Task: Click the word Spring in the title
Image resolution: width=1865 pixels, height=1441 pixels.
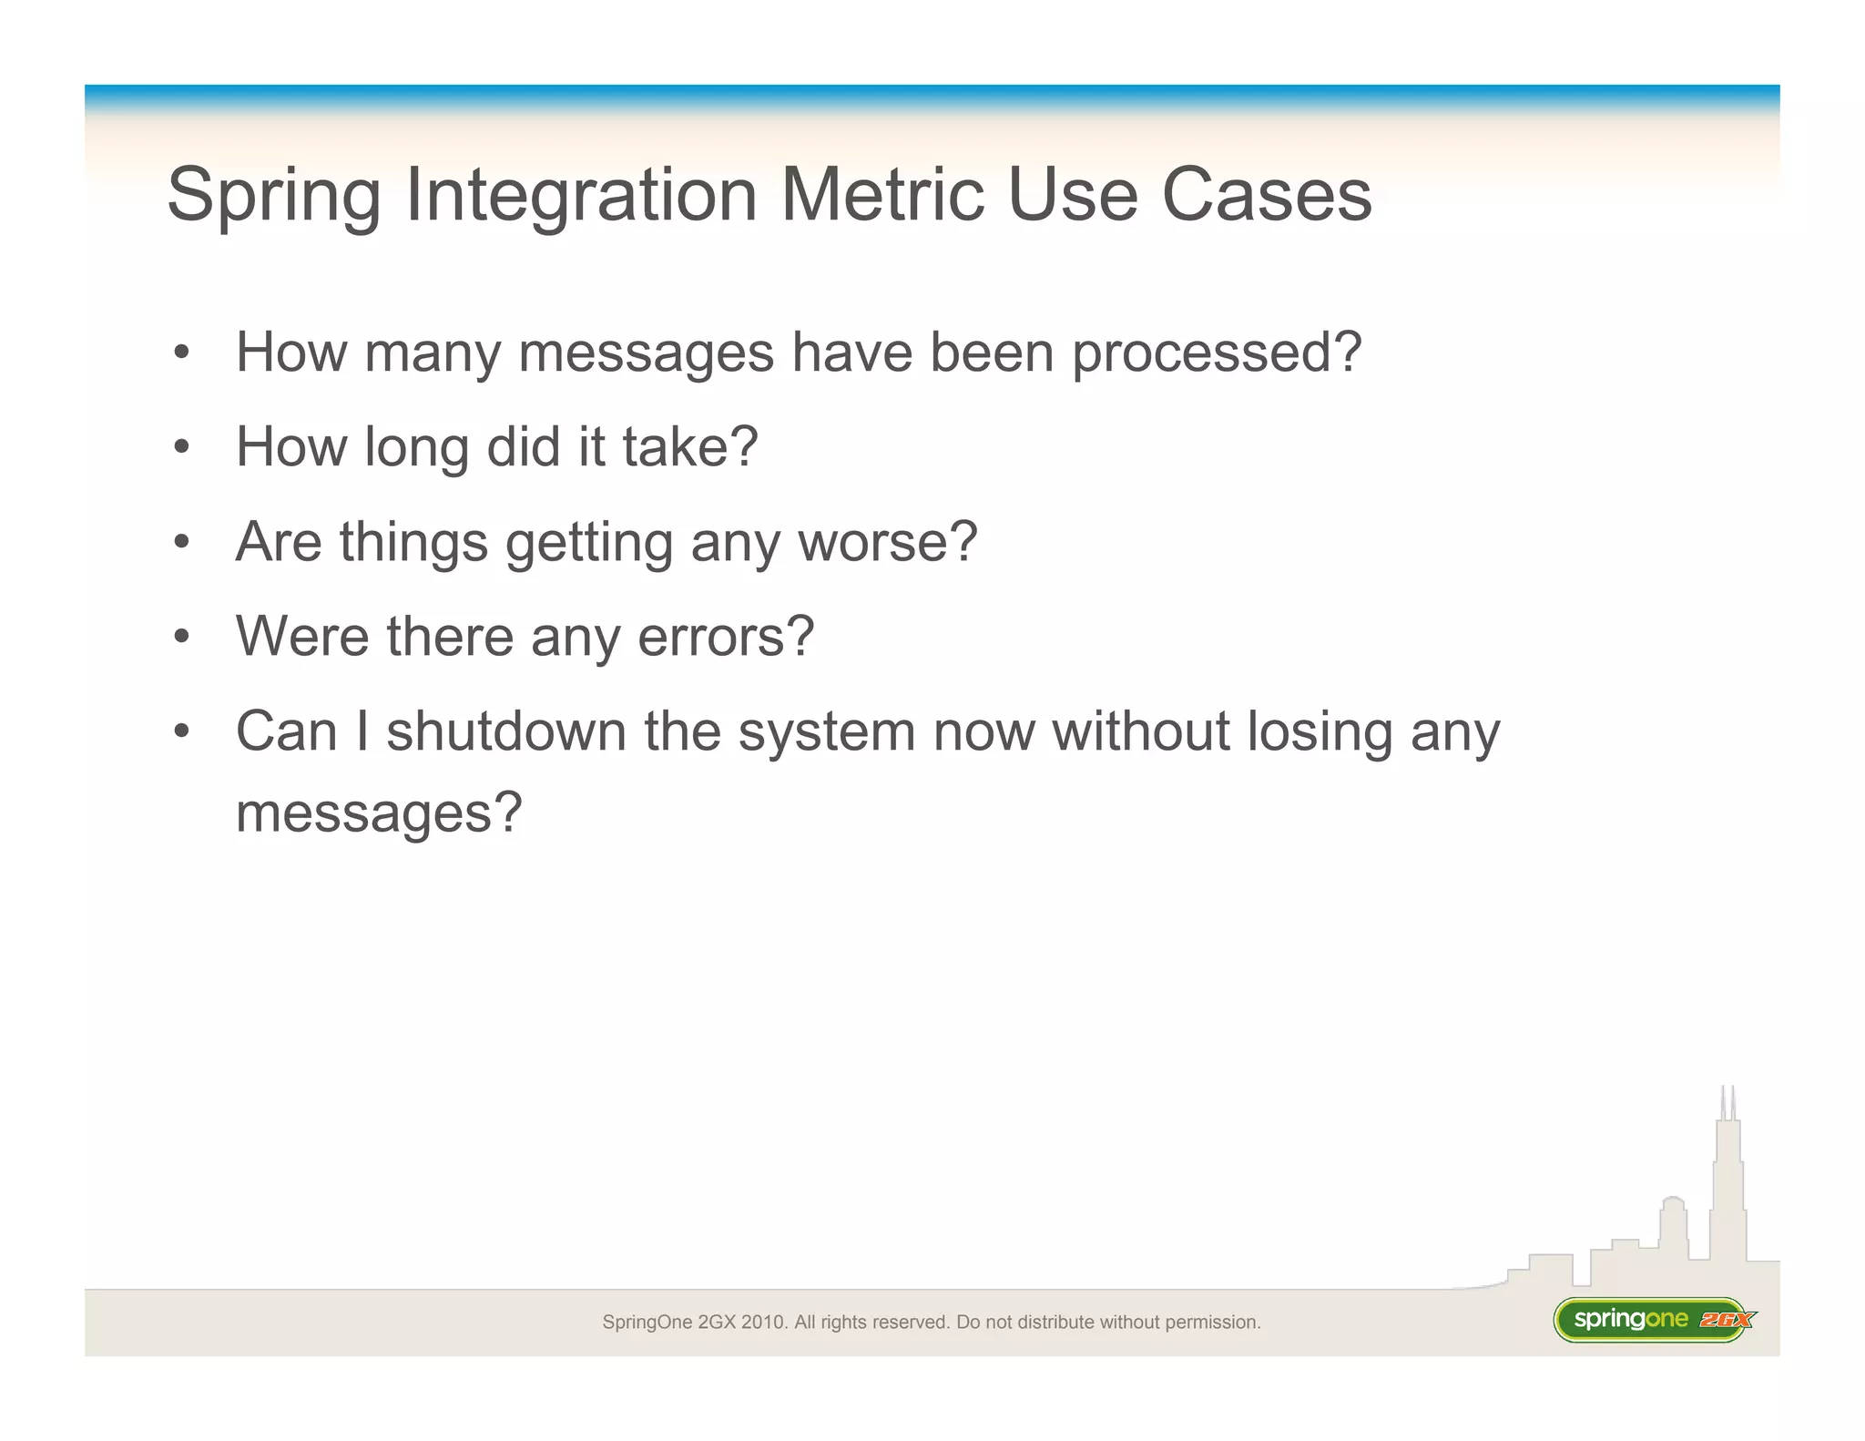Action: pos(273,197)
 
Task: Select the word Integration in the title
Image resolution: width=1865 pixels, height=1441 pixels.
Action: pos(581,197)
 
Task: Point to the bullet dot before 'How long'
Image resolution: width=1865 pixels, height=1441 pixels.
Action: pos(182,447)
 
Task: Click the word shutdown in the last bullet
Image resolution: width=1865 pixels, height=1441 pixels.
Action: pos(506,731)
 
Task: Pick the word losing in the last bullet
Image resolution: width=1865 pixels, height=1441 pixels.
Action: pos(1320,732)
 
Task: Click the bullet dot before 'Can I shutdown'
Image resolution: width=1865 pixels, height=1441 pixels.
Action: pos(182,731)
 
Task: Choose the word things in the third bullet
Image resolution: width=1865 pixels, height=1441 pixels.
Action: pos(413,543)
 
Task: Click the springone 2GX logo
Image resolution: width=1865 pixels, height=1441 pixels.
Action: pos(1654,1319)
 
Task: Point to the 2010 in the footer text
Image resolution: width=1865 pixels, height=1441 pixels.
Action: pos(763,1322)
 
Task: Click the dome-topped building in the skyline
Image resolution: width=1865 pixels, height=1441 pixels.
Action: pos(1673,1221)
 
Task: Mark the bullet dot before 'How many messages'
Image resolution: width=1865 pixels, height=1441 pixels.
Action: pos(182,353)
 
